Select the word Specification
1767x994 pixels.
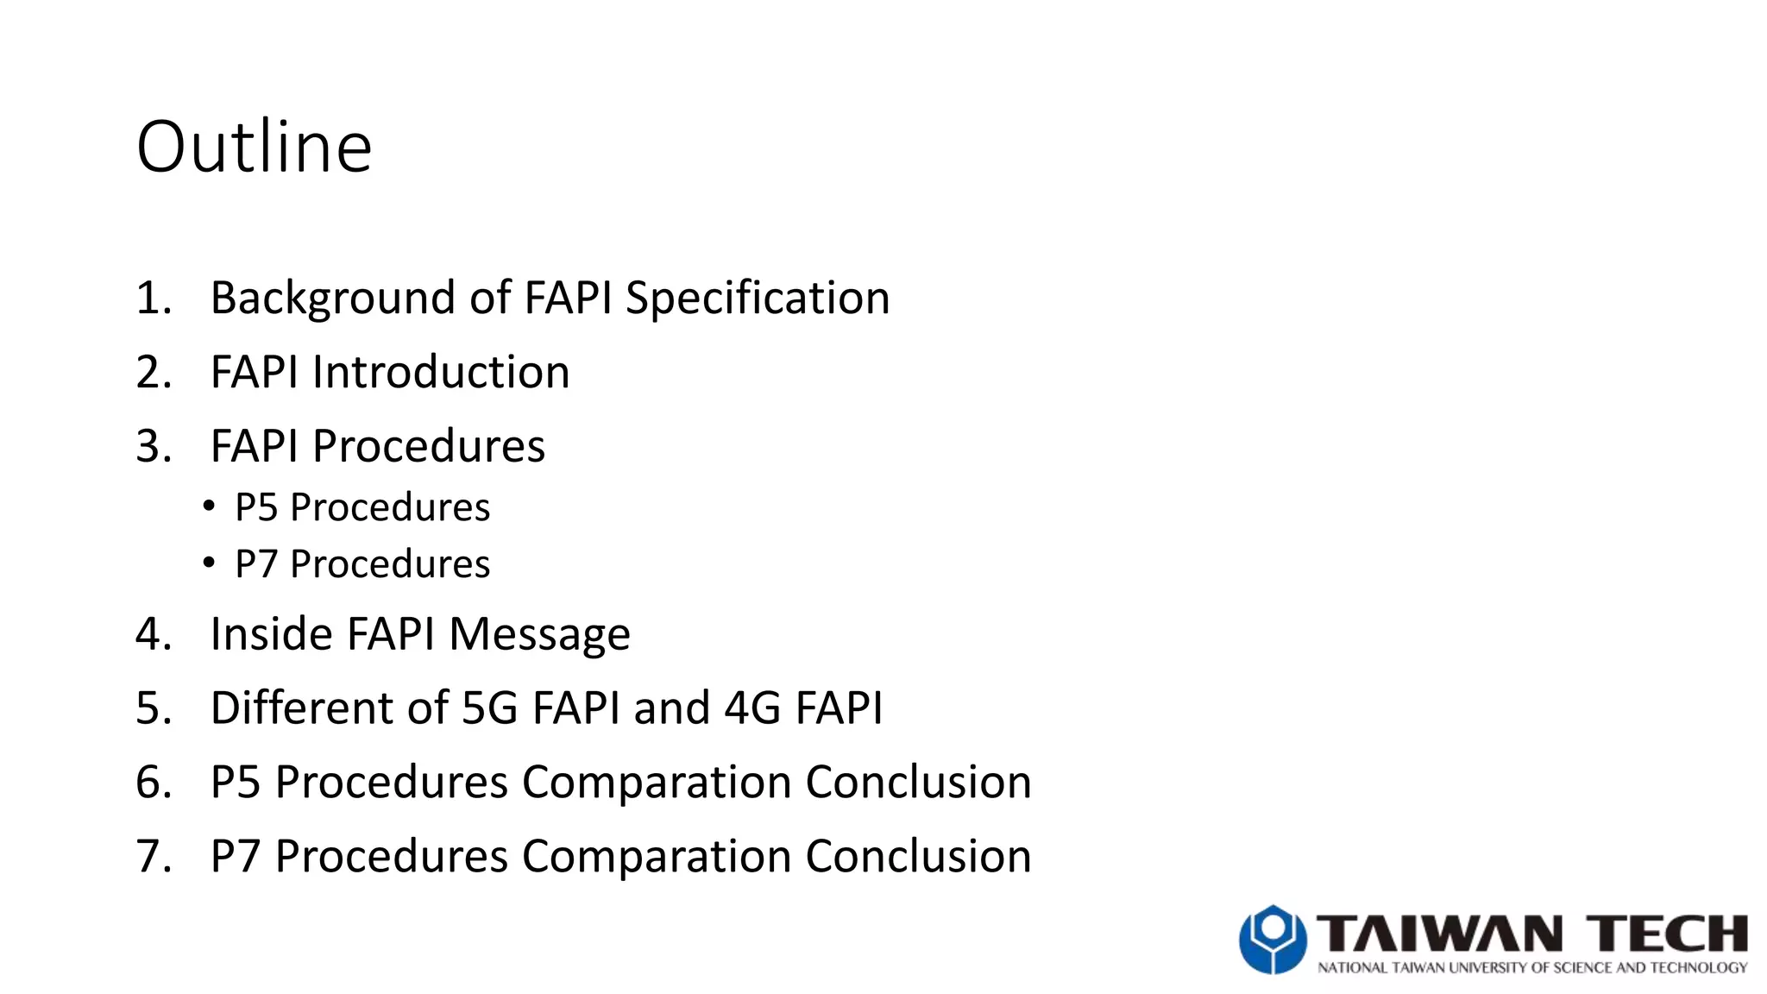tap(757, 299)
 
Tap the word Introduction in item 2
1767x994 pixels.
tap(440, 373)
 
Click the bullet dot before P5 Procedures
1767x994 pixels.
tap(209, 506)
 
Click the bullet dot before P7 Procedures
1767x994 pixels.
tap(209, 563)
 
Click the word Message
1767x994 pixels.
tap(539, 634)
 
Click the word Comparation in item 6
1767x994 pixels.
tap(657, 783)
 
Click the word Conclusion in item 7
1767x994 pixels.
tap(918, 857)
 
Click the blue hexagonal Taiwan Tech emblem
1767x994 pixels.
tap(1272, 939)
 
